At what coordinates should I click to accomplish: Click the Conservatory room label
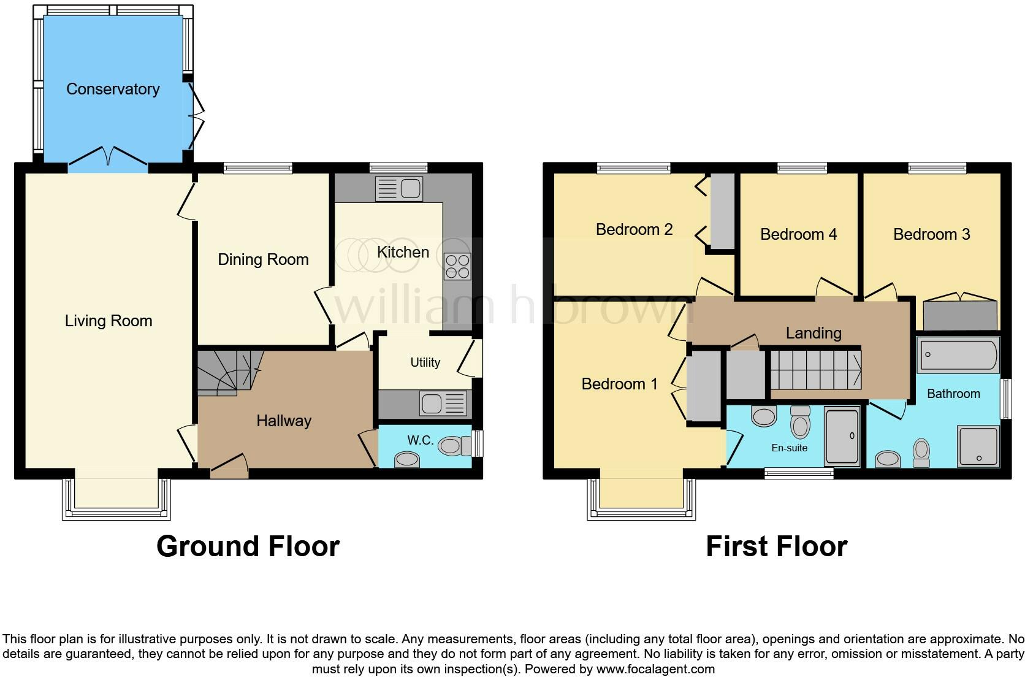point(113,89)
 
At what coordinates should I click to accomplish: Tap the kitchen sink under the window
point(398,189)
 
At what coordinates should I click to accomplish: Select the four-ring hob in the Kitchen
point(457,266)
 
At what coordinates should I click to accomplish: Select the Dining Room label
point(263,259)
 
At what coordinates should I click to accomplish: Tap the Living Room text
point(109,321)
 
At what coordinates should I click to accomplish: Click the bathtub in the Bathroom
point(958,354)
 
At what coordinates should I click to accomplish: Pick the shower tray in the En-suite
point(842,436)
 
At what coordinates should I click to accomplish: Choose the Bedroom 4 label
point(798,234)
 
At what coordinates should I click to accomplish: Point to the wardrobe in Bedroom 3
point(960,315)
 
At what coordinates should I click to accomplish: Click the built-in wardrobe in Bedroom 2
point(722,211)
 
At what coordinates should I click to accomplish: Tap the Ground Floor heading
point(248,546)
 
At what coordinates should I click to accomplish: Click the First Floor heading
point(776,546)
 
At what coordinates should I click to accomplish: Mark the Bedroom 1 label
point(619,384)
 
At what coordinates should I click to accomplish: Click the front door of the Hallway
point(229,470)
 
